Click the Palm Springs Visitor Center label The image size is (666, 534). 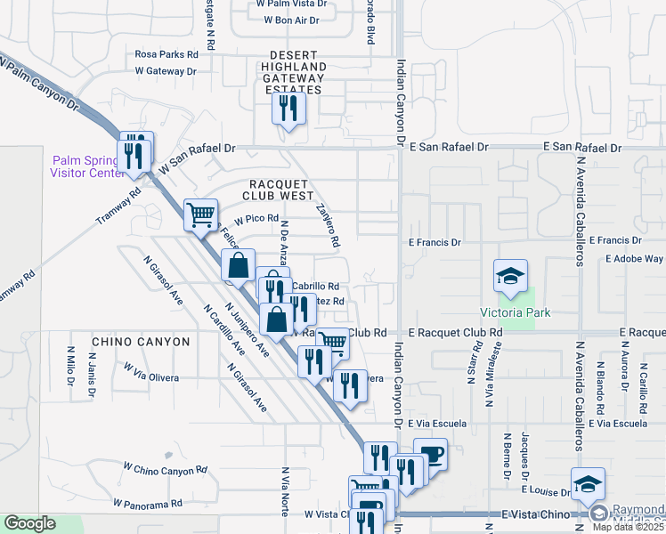point(85,166)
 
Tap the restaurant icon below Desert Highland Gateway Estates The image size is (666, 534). point(288,109)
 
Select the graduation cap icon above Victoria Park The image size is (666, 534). point(511,276)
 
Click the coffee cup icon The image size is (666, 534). point(430,454)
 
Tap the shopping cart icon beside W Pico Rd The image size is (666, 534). point(201,214)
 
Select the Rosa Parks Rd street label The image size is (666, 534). point(166,54)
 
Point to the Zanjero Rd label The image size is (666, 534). point(329,225)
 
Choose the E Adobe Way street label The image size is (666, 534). point(633,259)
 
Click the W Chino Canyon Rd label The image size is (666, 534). point(165,468)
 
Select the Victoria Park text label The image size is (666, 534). point(516,312)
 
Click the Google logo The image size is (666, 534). point(29,523)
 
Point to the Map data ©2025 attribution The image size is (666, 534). point(629,527)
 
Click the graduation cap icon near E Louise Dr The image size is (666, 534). point(588,484)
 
